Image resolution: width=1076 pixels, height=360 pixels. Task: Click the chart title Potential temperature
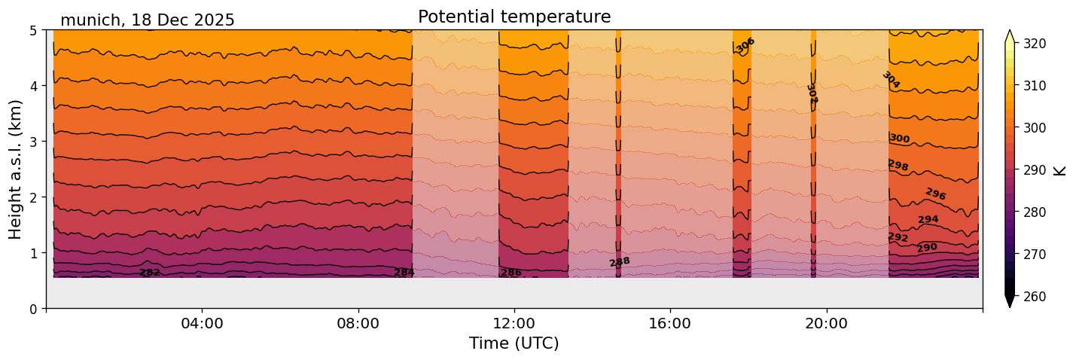[x=514, y=17]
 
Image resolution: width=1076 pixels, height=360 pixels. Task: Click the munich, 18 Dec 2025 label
[x=148, y=20]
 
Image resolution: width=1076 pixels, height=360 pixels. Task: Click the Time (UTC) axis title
[x=514, y=343]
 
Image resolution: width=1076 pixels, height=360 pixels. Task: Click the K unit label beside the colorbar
[x=1060, y=170]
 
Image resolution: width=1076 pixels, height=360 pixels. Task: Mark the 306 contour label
[x=745, y=46]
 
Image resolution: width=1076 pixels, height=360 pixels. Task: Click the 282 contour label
[x=150, y=273]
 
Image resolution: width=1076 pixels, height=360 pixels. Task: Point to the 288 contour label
[x=620, y=262]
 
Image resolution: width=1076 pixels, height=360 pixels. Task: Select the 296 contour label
[x=935, y=194]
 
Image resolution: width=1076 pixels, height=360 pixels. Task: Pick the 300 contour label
[x=900, y=139]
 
